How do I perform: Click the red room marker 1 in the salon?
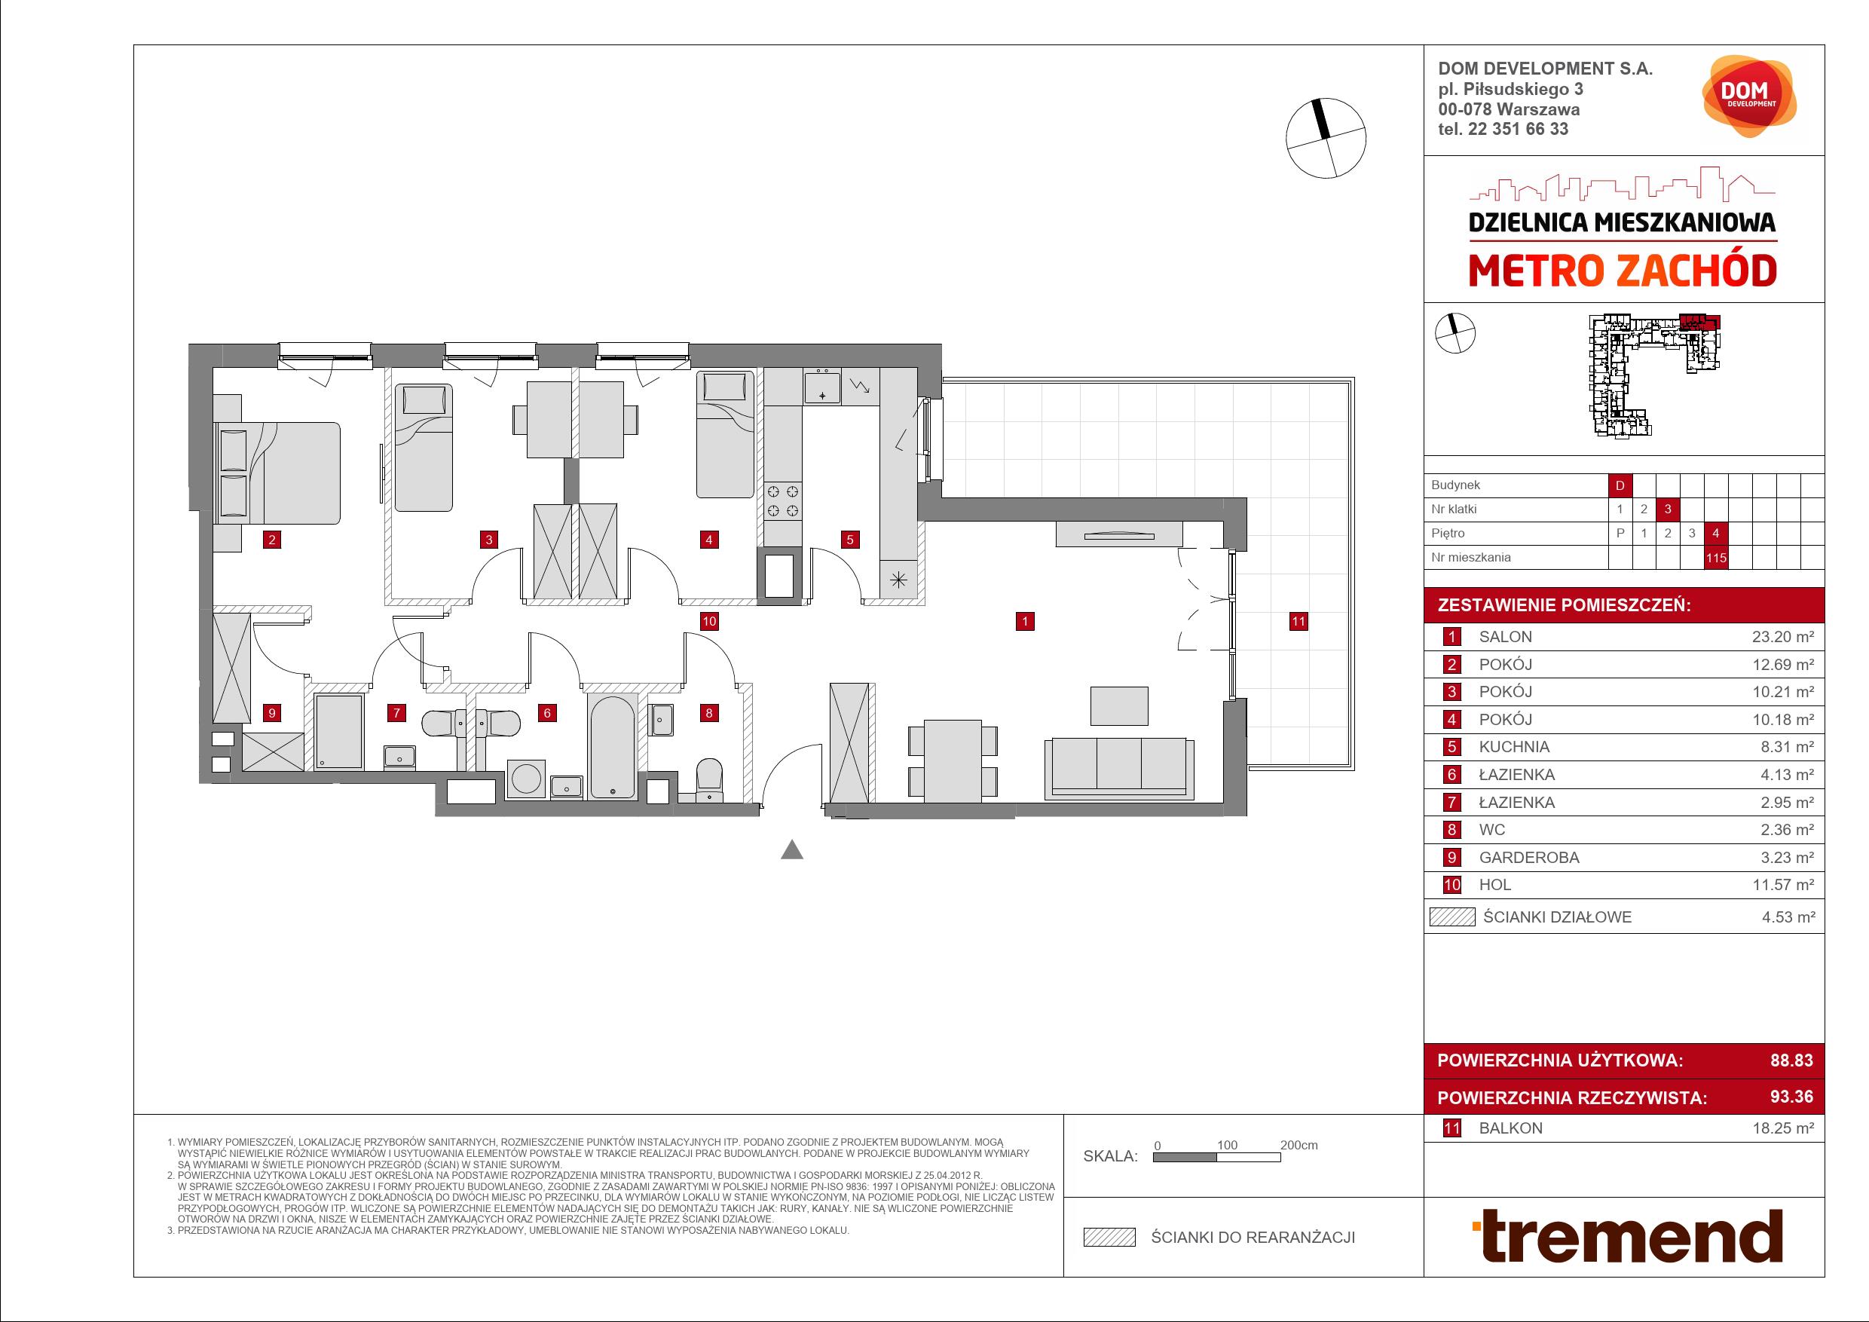pyautogui.click(x=1025, y=621)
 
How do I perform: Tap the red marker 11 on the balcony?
pyautogui.click(x=1299, y=621)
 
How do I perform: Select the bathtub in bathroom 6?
pyautogui.click(x=613, y=745)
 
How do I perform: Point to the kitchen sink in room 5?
pyautogui.click(x=822, y=387)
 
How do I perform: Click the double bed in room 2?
pyautogui.click(x=277, y=473)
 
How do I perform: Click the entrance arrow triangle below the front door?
pyautogui.click(x=792, y=850)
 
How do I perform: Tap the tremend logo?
pyautogui.click(x=1628, y=1236)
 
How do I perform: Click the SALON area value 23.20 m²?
pyautogui.click(x=1783, y=638)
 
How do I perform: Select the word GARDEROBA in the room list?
pyautogui.click(x=1529, y=857)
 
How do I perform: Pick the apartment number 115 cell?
pyautogui.click(x=1716, y=558)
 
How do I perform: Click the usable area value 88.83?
pyautogui.click(x=1791, y=1060)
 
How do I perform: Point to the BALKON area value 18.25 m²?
pyautogui.click(x=1783, y=1128)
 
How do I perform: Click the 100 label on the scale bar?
pyautogui.click(x=1227, y=1145)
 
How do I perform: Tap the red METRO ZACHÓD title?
pyautogui.click(x=1623, y=271)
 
